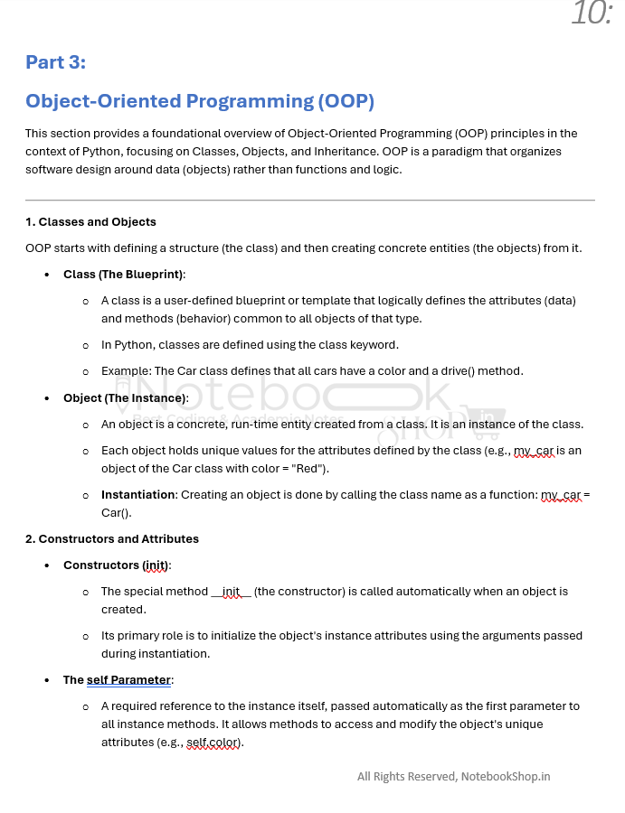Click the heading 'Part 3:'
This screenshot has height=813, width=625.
[x=55, y=62]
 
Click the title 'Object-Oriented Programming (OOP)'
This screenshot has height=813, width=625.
[x=200, y=101]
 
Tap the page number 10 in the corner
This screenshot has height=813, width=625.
[x=592, y=14]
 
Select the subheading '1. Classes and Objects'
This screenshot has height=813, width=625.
[x=90, y=222]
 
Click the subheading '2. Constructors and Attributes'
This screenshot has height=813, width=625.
[x=112, y=539]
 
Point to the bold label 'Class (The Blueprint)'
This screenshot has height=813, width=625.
[x=123, y=275]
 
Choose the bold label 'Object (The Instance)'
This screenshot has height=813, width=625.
[x=125, y=398]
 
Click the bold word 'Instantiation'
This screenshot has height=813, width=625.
[x=137, y=495]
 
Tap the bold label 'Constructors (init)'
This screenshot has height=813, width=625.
[x=117, y=565]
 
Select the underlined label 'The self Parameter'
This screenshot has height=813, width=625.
[x=118, y=680]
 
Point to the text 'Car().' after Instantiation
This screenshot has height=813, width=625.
[x=118, y=513]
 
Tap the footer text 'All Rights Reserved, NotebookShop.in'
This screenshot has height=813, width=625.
[x=453, y=776]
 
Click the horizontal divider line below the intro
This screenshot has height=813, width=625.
[x=310, y=200]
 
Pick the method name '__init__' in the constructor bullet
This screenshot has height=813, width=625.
[x=231, y=592]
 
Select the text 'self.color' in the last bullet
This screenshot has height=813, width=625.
[x=214, y=743]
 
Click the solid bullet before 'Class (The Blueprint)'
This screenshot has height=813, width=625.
[x=46, y=275]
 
